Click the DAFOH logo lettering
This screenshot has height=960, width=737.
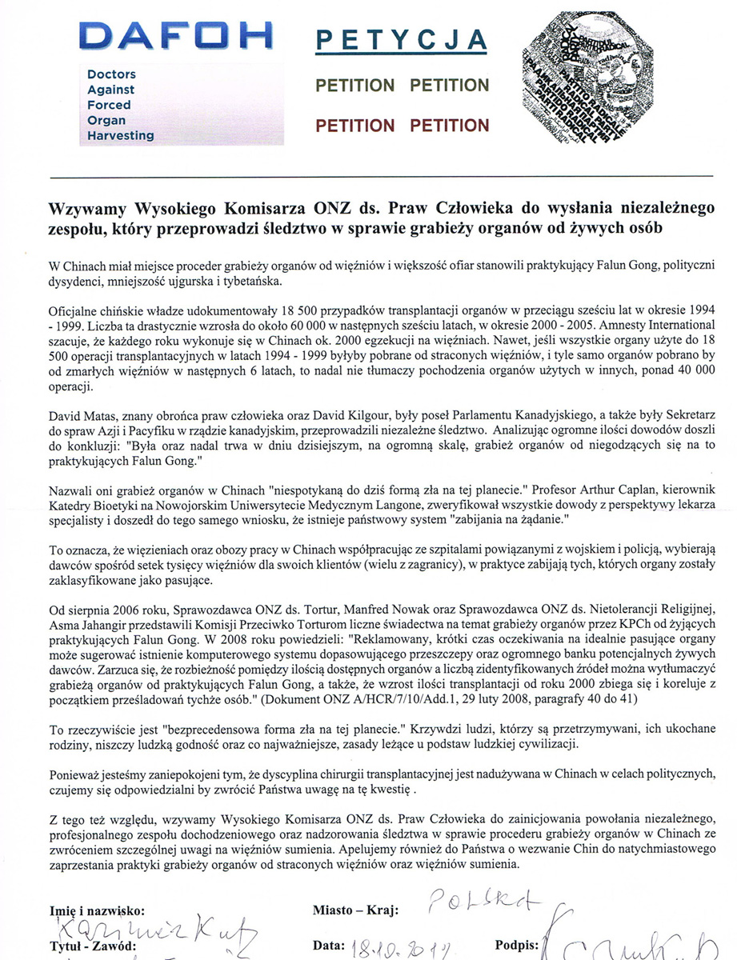point(178,38)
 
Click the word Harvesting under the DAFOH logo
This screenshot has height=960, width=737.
point(120,135)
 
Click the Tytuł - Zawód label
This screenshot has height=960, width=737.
point(87,946)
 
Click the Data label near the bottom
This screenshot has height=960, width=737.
point(329,946)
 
